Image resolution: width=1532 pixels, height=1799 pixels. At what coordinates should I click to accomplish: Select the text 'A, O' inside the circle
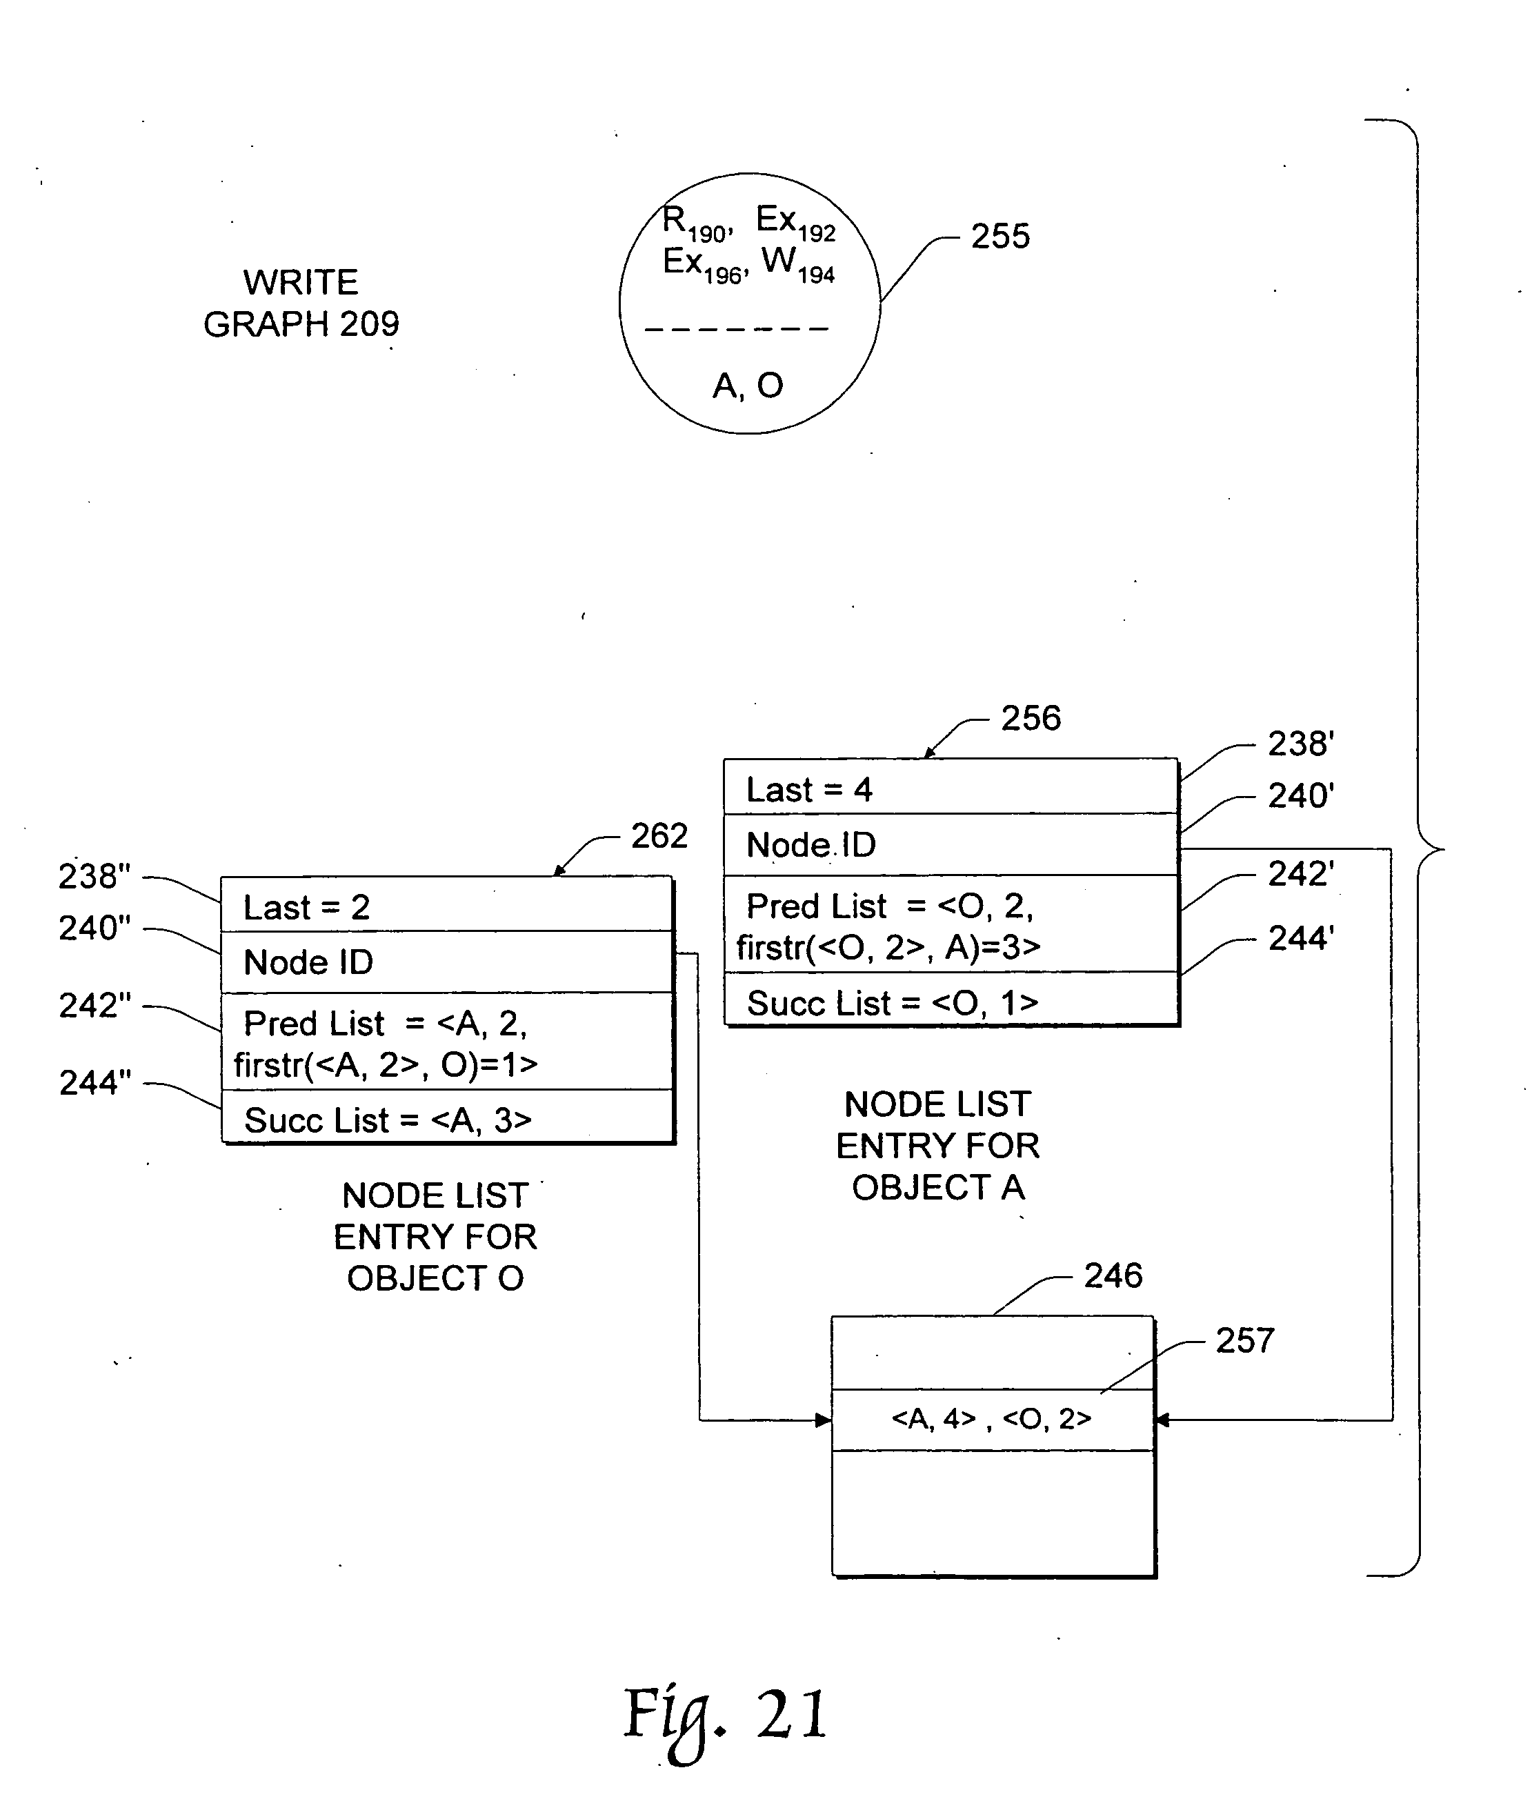pyautogui.click(x=747, y=386)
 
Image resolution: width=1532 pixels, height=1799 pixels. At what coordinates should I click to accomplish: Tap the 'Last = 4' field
pyautogui.click(x=809, y=789)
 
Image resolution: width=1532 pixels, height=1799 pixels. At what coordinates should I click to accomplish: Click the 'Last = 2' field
pyautogui.click(x=306, y=907)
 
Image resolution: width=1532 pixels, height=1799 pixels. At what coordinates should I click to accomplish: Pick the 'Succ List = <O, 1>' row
pyautogui.click(x=893, y=1003)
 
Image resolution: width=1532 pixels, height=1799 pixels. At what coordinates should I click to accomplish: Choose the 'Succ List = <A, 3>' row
pyautogui.click(x=387, y=1120)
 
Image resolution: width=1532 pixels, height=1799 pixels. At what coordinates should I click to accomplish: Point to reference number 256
pyautogui.click(x=1031, y=718)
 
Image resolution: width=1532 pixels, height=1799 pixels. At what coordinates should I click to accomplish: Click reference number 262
pyautogui.click(x=659, y=836)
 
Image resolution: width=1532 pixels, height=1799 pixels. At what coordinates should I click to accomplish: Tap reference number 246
pyautogui.click(x=1113, y=1275)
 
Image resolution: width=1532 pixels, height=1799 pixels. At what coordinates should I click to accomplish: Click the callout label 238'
pyautogui.click(x=1300, y=744)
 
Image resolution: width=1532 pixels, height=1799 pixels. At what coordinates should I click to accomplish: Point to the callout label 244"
pyautogui.click(x=94, y=1083)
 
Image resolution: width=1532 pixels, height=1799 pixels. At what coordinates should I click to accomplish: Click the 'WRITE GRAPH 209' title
pyautogui.click(x=301, y=303)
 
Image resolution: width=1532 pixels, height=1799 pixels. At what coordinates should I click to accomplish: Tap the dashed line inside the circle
pyautogui.click(x=737, y=329)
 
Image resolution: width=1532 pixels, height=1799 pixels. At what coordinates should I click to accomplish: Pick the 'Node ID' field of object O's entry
pyautogui.click(x=308, y=962)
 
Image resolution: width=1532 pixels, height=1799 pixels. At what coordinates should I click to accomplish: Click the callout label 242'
pyautogui.click(x=1300, y=873)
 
